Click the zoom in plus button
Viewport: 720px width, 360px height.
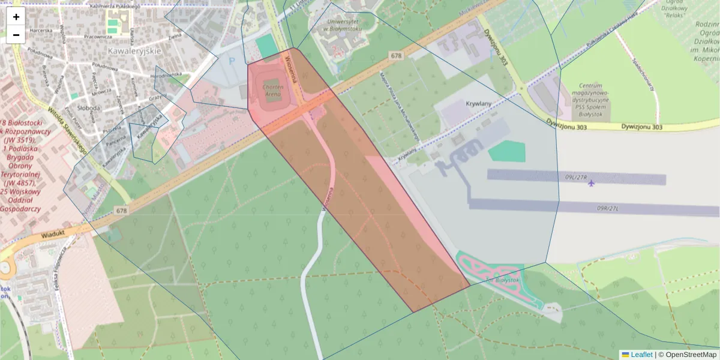tap(16, 17)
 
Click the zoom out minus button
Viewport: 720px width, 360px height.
tap(16, 35)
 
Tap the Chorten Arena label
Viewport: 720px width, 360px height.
tap(272, 90)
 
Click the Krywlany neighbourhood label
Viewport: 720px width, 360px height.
tap(478, 104)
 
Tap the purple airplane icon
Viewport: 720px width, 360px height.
tap(592, 183)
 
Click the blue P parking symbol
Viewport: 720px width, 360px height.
tap(233, 60)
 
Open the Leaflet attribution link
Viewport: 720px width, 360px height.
tap(641, 355)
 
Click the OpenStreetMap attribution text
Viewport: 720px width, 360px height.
tap(691, 355)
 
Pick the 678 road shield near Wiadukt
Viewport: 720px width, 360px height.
tap(122, 211)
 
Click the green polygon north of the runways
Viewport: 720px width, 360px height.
tap(506, 151)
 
